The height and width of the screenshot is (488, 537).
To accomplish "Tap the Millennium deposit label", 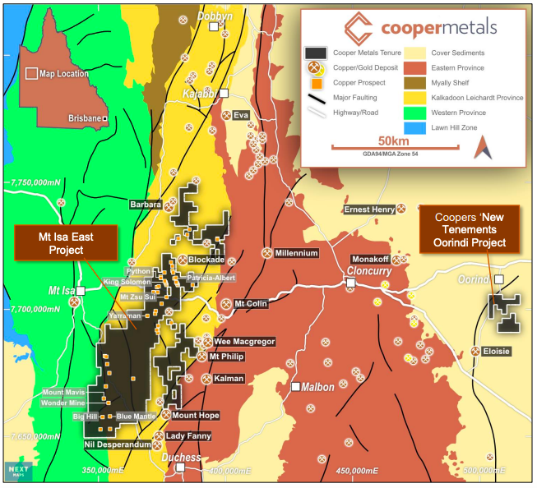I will [x=296, y=253].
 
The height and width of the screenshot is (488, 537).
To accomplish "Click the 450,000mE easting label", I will [x=363, y=471].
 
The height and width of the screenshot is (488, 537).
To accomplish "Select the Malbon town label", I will [x=317, y=387].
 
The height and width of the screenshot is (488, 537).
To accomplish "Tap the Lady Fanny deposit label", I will [x=187, y=436].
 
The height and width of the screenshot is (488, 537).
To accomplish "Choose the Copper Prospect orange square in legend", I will [x=316, y=82].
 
